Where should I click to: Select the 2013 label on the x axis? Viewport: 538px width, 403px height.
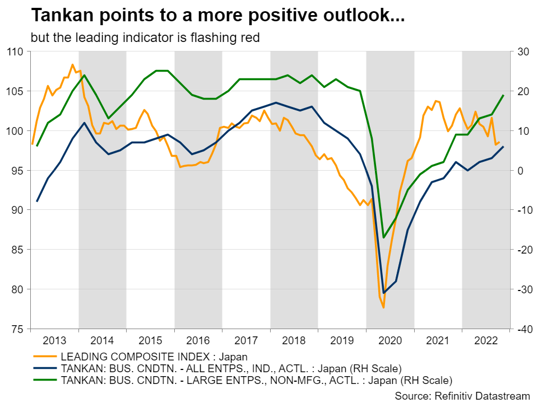(54, 341)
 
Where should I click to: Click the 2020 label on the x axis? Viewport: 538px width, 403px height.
(390, 341)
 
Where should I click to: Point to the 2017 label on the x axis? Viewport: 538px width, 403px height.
(246, 341)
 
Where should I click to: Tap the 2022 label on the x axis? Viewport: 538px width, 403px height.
(486, 341)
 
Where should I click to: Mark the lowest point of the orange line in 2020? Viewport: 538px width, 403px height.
(384, 307)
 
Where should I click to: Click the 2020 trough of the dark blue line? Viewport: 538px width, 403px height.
(384, 293)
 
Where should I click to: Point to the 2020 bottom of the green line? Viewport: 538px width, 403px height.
(384, 238)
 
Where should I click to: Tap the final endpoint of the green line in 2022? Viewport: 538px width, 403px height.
(503, 95)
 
